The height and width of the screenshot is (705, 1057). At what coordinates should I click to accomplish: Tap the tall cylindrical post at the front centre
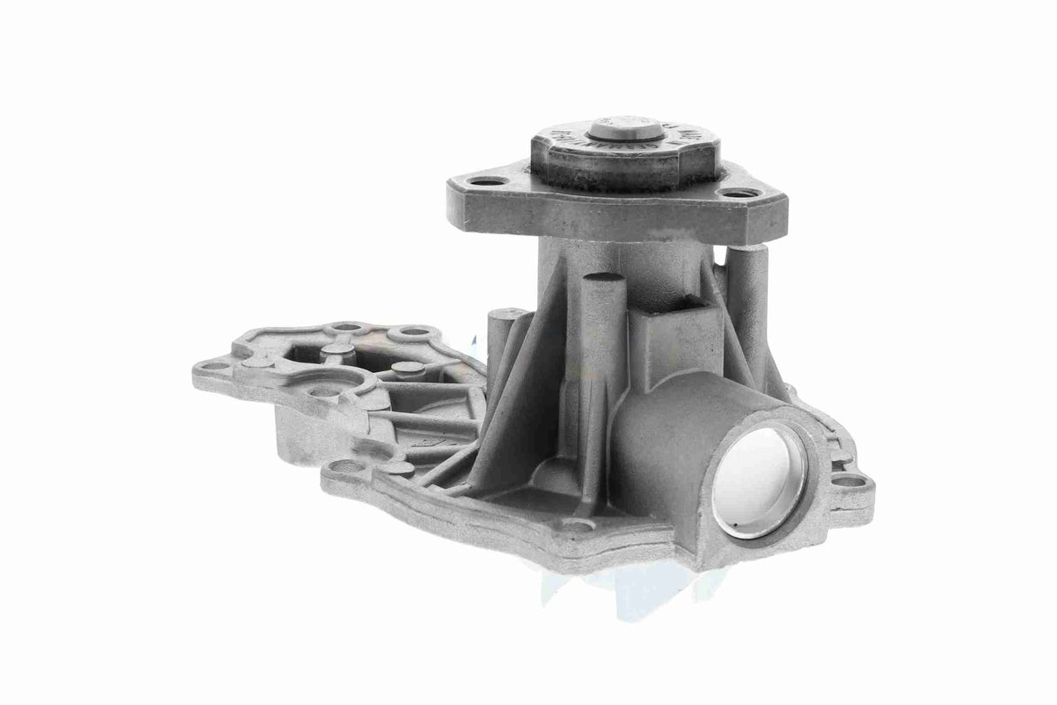(603, 349)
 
